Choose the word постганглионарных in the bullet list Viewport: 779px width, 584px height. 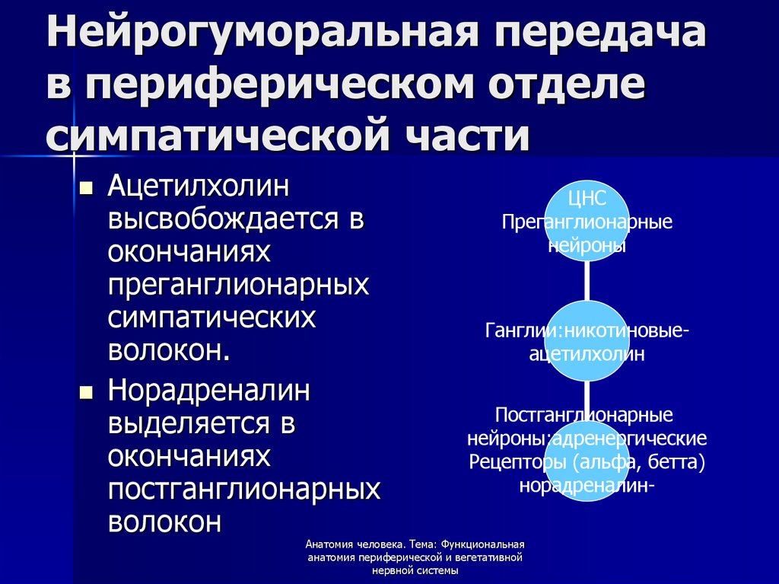[x=243, y=490]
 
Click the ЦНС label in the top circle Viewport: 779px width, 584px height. [x=587, y=200]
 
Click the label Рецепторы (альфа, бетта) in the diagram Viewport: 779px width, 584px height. [x=587, y=462]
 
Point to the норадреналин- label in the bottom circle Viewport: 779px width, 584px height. [x=587, y=485]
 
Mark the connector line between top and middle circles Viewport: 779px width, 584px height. [x=587, y=281]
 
